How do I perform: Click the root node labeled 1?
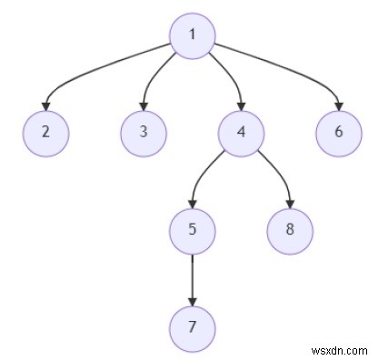(x=192, y=35)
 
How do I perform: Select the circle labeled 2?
(x=45, y=131)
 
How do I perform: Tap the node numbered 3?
(x=143, y=131)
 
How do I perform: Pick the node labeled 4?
(x=241, y=131)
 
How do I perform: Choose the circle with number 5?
(x=192, y=227)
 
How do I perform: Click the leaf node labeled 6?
(x=338, y=131)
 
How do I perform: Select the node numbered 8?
(x=290, y=227)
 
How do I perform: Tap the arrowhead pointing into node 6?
(x=338, y=105)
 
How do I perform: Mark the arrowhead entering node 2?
(x=45, y=105)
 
